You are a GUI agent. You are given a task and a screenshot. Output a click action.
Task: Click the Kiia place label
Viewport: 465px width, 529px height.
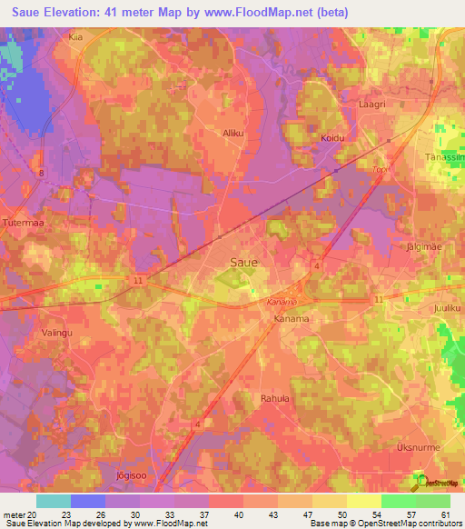coord(75,37)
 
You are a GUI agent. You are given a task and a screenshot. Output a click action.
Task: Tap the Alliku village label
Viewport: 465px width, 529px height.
coord(234,133)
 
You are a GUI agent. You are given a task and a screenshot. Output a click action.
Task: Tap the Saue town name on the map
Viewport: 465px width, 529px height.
coord(242,262)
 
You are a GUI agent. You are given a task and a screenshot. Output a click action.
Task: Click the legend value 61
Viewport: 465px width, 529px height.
coord(445,514)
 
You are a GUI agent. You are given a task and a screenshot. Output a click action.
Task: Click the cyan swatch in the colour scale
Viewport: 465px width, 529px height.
coord(53,501)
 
